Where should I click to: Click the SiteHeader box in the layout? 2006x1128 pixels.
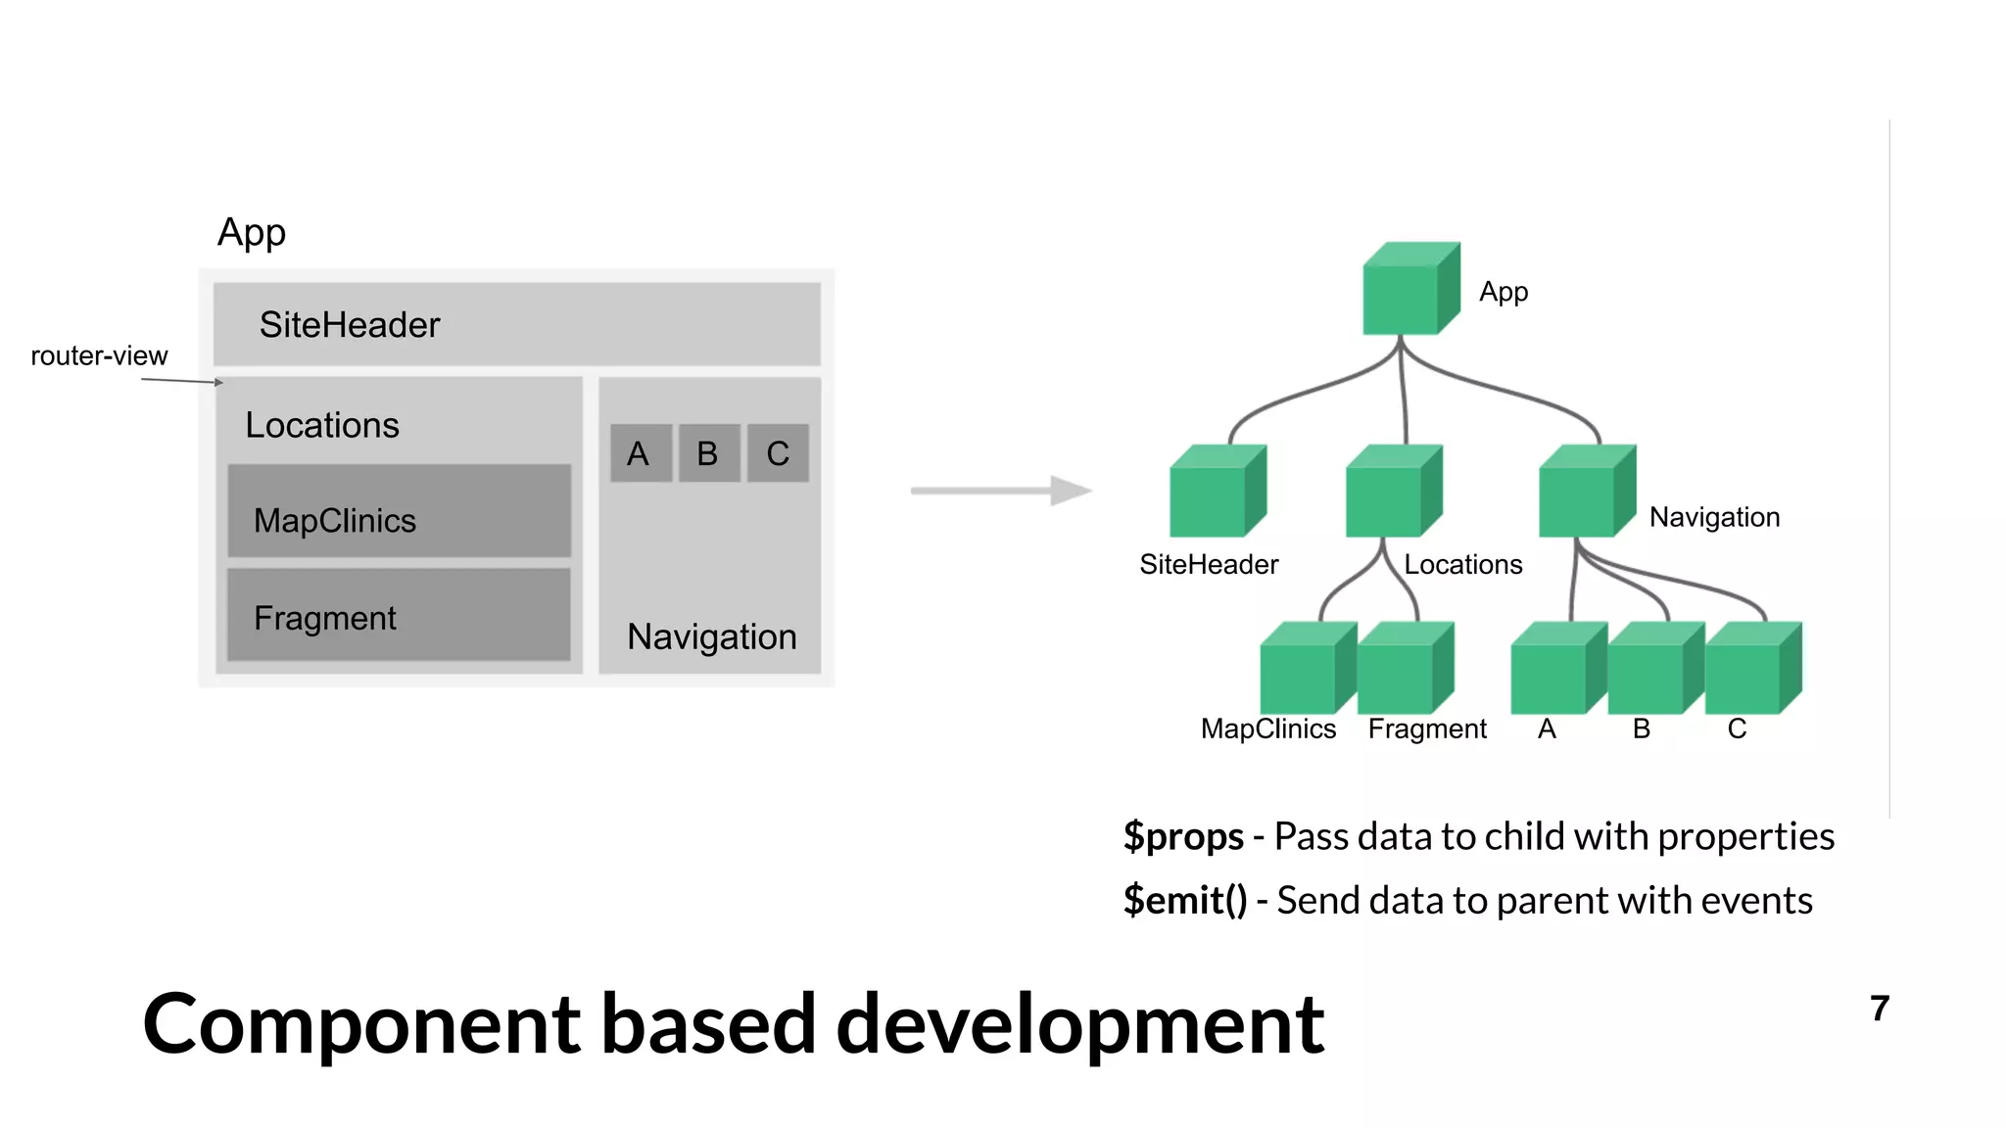click(x=516, y=324)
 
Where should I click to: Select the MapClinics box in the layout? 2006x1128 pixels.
click(x=399, y=511)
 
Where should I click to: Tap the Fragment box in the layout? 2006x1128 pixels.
click(x=399, y=615)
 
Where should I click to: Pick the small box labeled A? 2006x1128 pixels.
click(x=641, y=453)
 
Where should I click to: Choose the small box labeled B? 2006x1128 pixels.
click(x=708, y=453)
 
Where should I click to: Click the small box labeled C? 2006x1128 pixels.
click(x=778, y=453)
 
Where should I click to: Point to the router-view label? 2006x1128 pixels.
click(x=99, y=355)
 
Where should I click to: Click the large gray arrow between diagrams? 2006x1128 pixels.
click(x=1000, y=491)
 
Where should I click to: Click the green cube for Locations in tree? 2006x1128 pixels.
click(x=1392, y=493)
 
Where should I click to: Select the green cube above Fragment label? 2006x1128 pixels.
click(x=1402, y=670)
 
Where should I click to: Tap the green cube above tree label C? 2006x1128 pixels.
click(x=1750, y=670)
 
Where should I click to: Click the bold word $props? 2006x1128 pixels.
click(x=1183, y=837)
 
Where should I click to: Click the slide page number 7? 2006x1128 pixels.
click(x=1879, y=1009)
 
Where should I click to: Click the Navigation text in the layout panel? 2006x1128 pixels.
click(x=712, y=636)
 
